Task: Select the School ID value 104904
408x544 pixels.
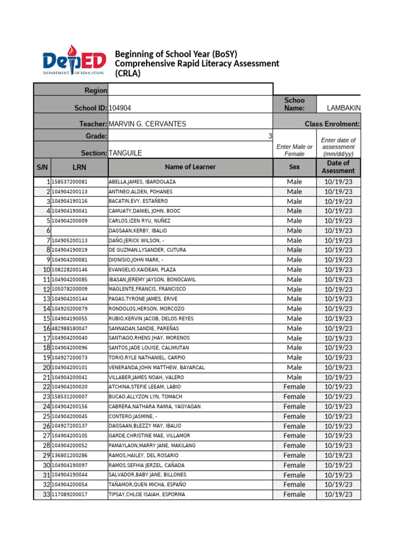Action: [120, 108]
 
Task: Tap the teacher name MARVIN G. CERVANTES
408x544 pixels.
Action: [147, 124]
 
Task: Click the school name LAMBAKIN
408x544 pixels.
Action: [344, 108]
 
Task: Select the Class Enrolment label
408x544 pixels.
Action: [332, 124]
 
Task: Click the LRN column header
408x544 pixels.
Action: [79, 167]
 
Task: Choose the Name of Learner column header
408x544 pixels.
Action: [190, 167]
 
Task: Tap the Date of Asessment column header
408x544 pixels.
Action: [338, 167]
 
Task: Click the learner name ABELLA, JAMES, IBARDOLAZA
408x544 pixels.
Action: [142, 182]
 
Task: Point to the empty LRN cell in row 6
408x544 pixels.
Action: [79, 231]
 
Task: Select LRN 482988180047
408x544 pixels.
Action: [70, 328]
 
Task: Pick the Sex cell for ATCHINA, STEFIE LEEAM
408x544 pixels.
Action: [294, 387]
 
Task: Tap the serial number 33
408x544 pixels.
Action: [46, 495]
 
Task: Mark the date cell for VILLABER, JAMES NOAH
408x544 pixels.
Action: [338, 377]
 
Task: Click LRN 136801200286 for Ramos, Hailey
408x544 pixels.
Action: [70, 455]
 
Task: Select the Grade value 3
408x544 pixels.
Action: [270, 137]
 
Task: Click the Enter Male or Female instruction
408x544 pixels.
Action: [294, 150]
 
